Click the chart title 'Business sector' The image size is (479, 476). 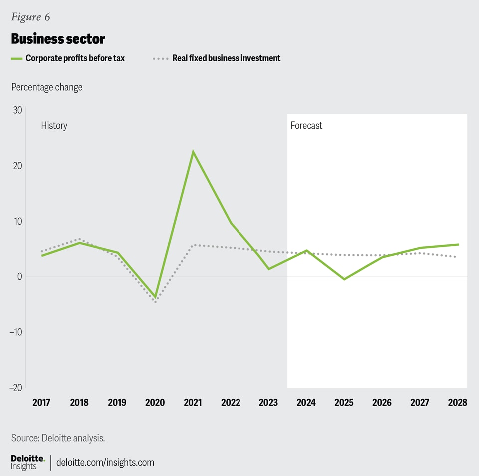58,39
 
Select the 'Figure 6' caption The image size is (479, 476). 31,17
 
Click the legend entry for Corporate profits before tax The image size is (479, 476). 75,58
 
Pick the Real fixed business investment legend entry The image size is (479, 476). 226,58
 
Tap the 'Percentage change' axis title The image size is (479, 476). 47,87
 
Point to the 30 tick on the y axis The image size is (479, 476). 17,110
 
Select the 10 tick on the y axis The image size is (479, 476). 17,221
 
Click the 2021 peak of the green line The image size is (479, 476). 193,152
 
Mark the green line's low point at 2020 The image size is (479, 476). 155,297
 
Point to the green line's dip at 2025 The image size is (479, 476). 344,279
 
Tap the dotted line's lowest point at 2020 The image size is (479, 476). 155,302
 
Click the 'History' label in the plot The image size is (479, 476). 54,125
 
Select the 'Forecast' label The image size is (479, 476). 306,125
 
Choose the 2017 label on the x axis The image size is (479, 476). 41,403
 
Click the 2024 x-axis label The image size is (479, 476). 306,403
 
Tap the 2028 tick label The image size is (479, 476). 457,403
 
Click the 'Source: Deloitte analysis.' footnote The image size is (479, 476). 58,438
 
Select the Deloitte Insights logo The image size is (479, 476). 28,462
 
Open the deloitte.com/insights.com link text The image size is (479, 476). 105,462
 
